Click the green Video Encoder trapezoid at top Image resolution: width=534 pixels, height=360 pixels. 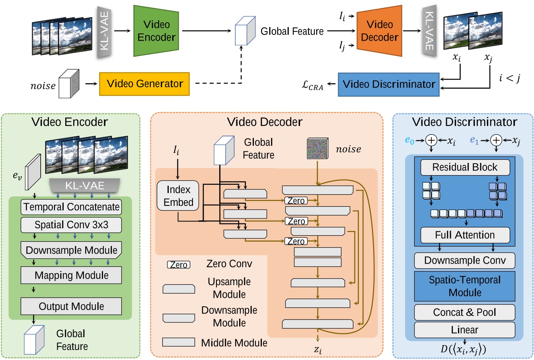point(156,31)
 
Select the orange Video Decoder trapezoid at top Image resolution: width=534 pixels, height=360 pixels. point(379,31)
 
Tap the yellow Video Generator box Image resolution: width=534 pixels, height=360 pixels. point(144,84)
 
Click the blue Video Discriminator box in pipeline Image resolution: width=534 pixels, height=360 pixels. point(388,84)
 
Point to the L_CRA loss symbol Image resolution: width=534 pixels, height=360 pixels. point(312,85)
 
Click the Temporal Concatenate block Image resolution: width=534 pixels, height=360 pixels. point(71,207)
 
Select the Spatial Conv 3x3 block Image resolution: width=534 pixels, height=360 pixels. point(71,225)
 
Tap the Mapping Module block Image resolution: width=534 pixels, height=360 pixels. point(71,276)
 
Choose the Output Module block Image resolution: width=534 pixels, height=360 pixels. point(71,306)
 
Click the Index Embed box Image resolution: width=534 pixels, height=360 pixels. point(178,196)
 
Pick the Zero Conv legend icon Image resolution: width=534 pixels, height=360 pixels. point(178,265)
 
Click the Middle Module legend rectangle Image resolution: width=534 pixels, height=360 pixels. point(179,342)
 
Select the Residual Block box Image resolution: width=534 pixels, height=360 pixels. point(465,168)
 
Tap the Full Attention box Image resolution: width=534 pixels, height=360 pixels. point(465,235)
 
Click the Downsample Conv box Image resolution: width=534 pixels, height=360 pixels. point(465,261)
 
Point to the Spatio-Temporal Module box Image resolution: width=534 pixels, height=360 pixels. point(465,286)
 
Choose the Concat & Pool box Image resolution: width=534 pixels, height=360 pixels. point(465,313)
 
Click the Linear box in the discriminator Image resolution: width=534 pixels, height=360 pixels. point(465,330)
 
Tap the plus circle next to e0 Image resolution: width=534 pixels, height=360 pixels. point(431,140)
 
